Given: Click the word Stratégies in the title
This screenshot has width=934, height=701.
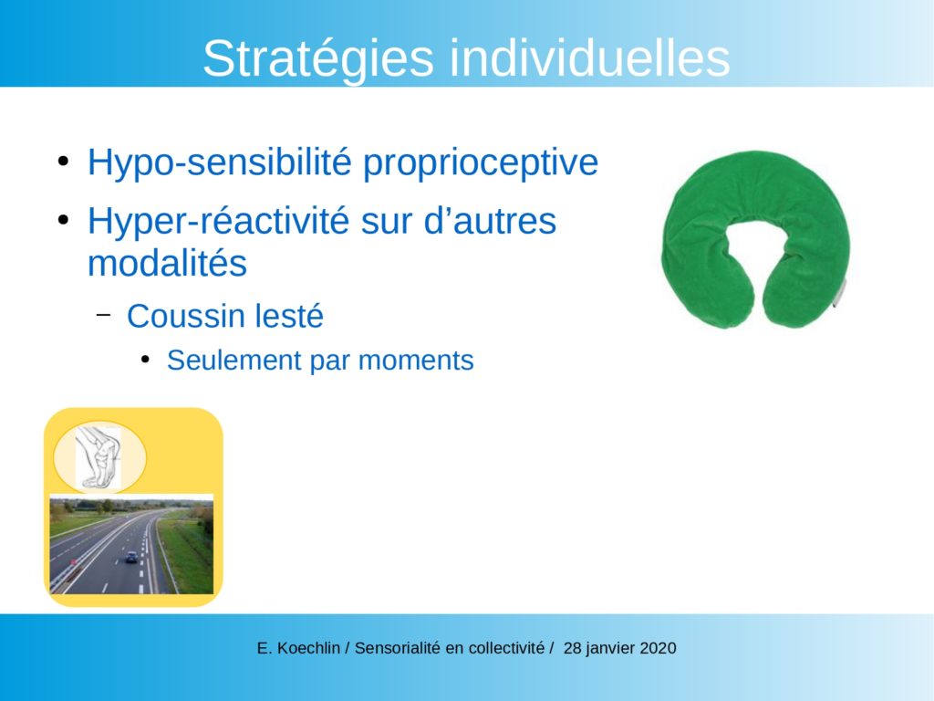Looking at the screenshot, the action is coord(318,58).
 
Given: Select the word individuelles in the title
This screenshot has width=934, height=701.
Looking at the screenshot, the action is coord(590,58).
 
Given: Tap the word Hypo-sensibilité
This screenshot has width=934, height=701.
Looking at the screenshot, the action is coord(221,162).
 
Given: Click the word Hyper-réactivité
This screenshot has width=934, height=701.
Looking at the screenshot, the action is coord(218,221).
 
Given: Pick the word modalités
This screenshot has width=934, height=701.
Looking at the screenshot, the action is coord(168,263).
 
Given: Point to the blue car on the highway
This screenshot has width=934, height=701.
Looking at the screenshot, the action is coord(131,558).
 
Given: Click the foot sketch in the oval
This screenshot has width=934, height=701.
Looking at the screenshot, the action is coord(99,457).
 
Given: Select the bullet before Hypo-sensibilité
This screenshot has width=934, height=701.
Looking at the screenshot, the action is coord(63,162).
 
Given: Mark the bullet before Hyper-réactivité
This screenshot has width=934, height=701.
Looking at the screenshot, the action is coord(63,220).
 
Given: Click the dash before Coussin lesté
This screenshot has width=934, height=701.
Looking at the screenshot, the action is coord(103,314).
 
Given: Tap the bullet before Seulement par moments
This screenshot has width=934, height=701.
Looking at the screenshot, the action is coord(145,360).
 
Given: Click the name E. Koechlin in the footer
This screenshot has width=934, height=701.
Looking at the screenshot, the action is coord(298,648).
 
